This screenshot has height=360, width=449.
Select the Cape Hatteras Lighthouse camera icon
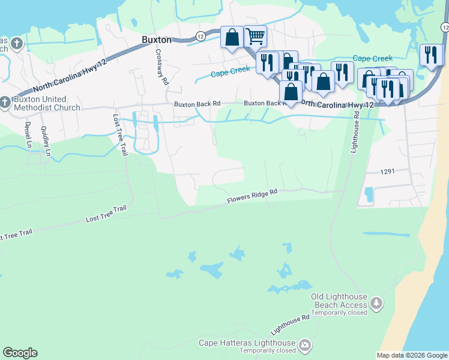(306, 344)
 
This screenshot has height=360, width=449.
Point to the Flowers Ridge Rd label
(252, 197)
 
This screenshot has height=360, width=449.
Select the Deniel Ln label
(28, 135)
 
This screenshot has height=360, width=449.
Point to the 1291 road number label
(387, 172)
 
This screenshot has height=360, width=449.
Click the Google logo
(20, 353)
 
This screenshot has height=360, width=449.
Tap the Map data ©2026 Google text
(411, 355)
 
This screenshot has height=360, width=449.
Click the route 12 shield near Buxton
(200, 37)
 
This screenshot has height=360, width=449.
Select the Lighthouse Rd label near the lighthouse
(291, 325)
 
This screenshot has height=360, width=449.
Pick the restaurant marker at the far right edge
(431, 55)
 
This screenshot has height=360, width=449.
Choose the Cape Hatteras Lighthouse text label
(248, 343)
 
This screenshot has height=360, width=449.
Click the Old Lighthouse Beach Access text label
(339, 301)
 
